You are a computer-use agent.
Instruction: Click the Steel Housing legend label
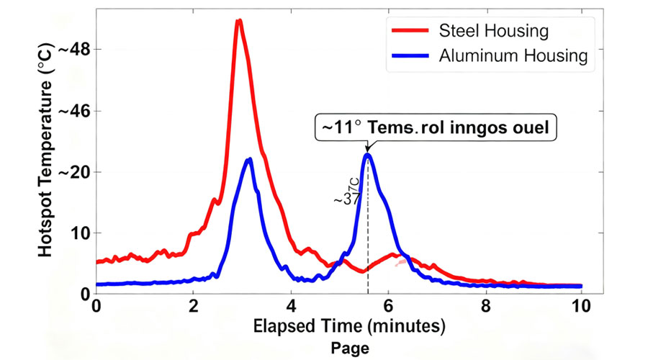click(494, 31)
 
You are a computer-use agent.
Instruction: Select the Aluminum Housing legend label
click(514, 55)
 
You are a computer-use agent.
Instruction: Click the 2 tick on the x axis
click(193, 305)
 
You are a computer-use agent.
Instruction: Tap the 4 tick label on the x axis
click(291, 305)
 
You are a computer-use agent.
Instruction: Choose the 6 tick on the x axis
click(388, 305)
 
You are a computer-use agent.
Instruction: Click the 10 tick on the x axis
click(581, 305)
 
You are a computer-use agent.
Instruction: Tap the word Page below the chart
click(351, 348)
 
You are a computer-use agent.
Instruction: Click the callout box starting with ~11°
click(437, 127)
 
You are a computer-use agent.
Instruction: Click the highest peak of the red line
click(238, 21)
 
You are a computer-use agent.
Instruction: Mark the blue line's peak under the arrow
click(367, 155)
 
